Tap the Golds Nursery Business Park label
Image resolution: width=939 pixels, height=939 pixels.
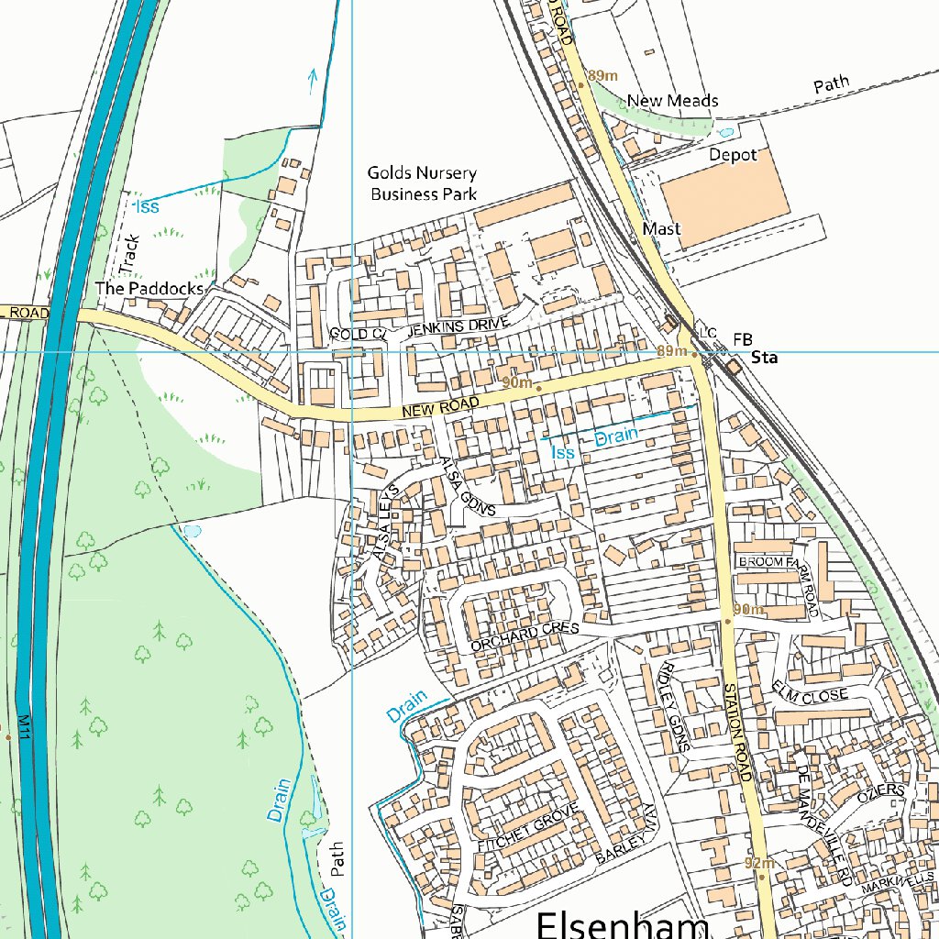pos(422,183)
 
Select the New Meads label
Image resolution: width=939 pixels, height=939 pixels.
pos(672,100)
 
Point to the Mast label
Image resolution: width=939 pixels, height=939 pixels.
pos(661,228)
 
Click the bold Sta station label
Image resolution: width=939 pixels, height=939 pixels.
pos(764,359)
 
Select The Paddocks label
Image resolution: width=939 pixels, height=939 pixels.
pos(149,289)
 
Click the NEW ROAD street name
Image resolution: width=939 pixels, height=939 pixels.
pos(440,411)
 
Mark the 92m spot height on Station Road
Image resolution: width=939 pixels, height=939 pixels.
pos(760,863)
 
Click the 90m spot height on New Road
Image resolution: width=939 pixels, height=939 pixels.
pos(517,381)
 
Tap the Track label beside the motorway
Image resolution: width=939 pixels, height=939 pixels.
pos(128,254)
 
